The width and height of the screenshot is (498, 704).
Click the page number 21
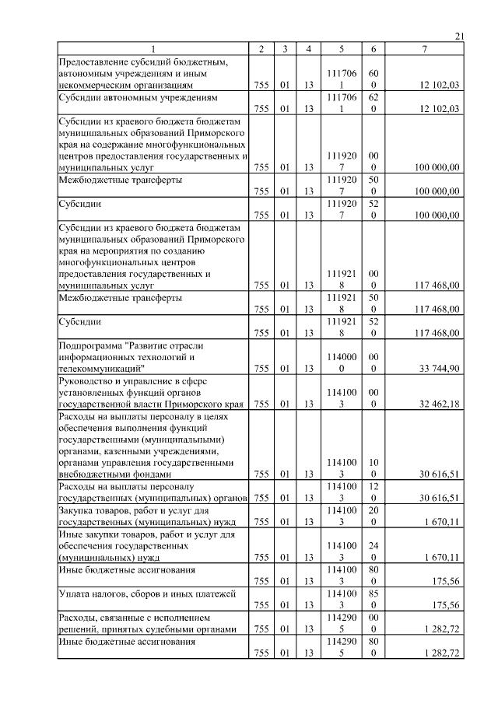tap(458, 37)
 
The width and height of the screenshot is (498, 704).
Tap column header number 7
tap(424, 50)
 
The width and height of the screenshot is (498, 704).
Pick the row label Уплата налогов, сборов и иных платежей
tap(147, 594)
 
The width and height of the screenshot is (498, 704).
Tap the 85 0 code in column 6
tap(374, 599)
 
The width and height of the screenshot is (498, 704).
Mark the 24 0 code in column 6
tap(374, 552)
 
